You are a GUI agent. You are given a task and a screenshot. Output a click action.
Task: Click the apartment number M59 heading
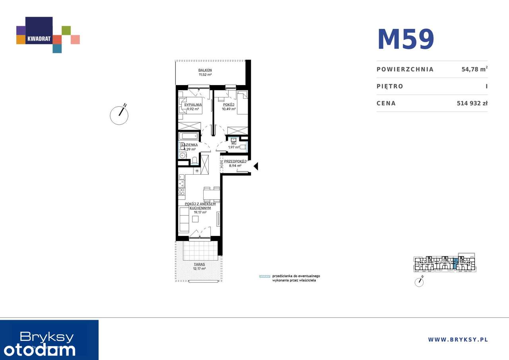point(406,39)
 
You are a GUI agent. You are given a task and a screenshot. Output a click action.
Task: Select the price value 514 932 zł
point(472,103)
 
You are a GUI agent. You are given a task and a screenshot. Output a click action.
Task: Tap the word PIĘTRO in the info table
point(390,86)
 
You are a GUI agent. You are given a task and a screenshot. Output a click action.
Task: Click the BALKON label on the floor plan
point(205,70)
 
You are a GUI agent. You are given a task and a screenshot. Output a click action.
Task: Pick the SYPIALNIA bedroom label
point(190,105)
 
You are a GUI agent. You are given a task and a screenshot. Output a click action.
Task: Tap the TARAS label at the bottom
point(200,264)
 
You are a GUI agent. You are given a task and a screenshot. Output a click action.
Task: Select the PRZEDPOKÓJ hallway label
point(235,162)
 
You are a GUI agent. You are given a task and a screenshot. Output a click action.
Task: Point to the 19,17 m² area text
point(200,212)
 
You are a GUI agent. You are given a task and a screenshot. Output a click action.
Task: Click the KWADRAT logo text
point(39,39)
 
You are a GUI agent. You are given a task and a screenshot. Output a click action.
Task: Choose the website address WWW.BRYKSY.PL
point(458,339)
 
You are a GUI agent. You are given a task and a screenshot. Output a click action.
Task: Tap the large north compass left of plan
point(119,115)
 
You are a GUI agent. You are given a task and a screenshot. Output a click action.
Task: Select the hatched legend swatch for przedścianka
point(264,276)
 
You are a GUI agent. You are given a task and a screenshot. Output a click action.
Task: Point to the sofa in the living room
point(184,219)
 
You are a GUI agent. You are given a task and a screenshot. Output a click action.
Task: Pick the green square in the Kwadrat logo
point(66,30)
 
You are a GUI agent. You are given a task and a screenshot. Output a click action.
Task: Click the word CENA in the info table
point(386,103)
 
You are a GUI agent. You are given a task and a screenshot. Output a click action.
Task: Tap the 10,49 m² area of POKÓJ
point(229,109)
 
